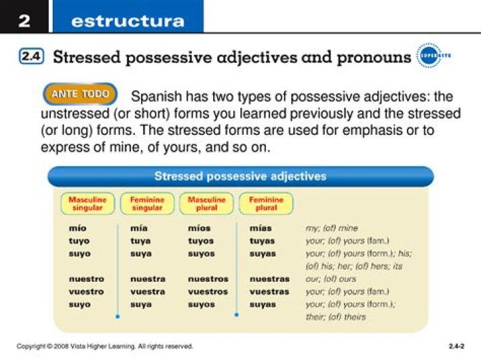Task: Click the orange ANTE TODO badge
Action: [x=80, y=94]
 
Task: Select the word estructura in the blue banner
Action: [x=127, y=21]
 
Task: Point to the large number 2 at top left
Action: [x=24, y=21]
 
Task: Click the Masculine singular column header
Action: [x=88, y=203]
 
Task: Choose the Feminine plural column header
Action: [x=266, y=203]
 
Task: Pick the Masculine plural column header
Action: [x=206, y=203]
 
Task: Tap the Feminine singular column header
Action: [x=146, y=203]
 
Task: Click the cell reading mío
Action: [x=77, y=228]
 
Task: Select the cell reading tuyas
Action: [x=263, y=240]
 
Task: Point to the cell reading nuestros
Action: [x=208, y=279]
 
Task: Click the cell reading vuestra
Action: [x=148, y=291]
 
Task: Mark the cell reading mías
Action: [x=261, y=228]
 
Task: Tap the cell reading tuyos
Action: [x=201, y=240]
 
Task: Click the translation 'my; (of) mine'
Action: [x=332, y=228]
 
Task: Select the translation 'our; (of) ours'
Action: [x=331, y=279]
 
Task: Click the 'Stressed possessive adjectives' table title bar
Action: [x=240, y=176]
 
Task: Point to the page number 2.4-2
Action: [x=456, y=346]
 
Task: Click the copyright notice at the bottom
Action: [x=105, y=346]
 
